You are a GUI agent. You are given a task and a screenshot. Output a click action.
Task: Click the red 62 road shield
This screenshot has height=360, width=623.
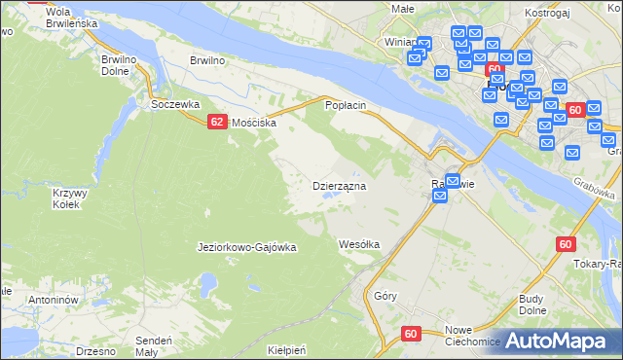click(217, 122)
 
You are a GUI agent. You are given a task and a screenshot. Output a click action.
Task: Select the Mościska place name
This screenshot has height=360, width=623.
click(254, 124)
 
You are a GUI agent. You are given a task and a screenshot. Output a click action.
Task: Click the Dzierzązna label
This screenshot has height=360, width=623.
click(339, 185)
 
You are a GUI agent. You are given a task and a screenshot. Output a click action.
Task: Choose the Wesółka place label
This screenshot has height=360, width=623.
click(358, 244)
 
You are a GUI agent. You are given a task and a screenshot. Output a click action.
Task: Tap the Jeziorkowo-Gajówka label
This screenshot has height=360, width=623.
click(246, 247)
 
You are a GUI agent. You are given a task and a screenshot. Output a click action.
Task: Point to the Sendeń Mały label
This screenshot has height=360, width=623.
click(154, 346)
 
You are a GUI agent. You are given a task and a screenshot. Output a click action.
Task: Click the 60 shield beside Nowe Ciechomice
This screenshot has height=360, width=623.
click(411, 334)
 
